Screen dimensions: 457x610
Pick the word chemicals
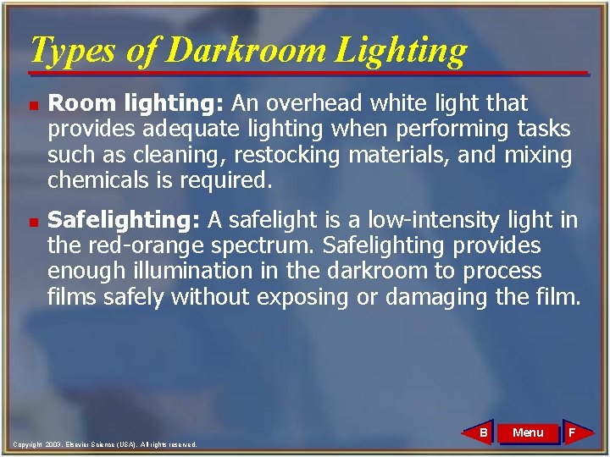[x=98, y=180]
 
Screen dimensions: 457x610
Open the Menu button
[x=528, y=432]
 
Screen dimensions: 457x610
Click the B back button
[x=481, y=432]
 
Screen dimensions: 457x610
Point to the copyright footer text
[x=105, y=444]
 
